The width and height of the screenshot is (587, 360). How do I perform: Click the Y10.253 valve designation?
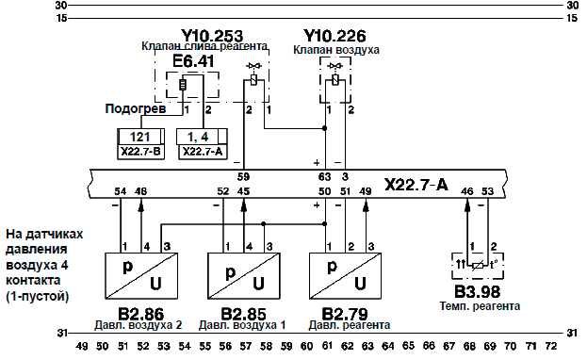212,36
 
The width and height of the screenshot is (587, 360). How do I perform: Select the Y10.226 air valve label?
334,36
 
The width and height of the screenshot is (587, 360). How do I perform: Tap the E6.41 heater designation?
193,61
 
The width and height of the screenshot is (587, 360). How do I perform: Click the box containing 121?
140,137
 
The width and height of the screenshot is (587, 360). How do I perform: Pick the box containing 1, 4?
203,137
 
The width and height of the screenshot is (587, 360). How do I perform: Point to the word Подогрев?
136,109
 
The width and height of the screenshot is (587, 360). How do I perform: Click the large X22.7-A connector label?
416,185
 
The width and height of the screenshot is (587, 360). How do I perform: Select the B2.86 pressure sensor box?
141,276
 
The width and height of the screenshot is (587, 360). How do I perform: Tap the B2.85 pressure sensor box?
244,276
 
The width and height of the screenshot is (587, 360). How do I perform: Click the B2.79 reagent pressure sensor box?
346,276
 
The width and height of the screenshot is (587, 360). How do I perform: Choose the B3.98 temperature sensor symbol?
478,266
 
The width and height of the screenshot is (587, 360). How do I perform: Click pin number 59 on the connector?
243,176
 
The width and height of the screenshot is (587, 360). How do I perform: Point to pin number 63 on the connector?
324,176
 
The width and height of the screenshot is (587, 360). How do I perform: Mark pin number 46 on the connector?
466,191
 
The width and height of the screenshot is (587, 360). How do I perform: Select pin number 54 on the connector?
121,191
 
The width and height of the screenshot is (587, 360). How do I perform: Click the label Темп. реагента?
480,306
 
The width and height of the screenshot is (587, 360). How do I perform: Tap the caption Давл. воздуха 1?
242,325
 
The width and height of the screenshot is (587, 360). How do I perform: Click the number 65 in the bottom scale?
408,345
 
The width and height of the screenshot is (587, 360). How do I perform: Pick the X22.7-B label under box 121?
140,152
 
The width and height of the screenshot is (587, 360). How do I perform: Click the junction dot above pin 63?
324,128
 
